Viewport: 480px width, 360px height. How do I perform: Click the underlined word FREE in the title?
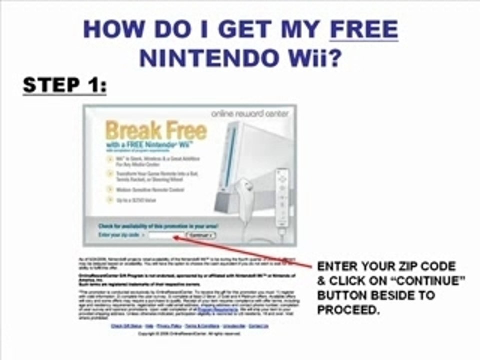click(x=364, y=30)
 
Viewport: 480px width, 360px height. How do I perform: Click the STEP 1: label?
click(x=64, y=85)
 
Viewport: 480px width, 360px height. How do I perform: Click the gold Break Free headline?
click(x=156, y=131)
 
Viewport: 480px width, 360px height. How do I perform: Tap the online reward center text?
click(x=250, y=114)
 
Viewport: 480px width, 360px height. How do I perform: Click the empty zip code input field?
click(x=166, y=234)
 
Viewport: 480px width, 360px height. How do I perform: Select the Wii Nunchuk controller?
click(x=246, y=200)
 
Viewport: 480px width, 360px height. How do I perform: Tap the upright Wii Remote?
click(x=282, y=200)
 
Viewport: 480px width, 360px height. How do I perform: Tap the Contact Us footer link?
click(x=258, y=326)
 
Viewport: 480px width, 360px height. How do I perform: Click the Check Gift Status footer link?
click(x=123, y=326)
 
